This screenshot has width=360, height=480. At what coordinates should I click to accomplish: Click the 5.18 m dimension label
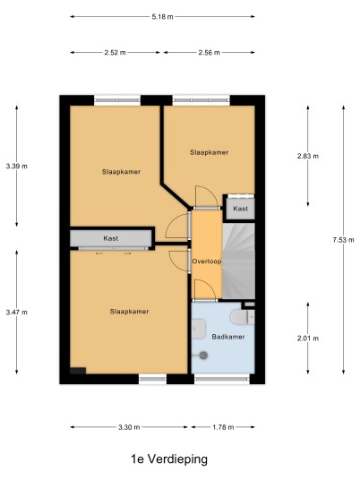pos(162,17)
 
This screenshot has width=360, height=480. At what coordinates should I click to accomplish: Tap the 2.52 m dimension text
pos(116,52)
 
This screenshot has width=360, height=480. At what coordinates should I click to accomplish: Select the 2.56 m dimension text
pos(209,52)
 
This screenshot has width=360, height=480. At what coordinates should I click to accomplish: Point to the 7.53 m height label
pos(343,240)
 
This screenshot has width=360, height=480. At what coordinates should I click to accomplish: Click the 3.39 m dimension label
pos(16,167)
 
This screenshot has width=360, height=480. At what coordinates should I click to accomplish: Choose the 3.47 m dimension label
pos(16,313)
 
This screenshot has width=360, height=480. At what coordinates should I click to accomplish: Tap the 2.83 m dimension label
pos(308,156)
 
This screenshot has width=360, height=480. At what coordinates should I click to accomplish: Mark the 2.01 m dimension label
pos(308,339)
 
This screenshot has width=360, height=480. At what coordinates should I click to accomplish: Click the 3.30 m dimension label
pos(129,427)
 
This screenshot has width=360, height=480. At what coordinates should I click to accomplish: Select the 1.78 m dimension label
pos(223,427)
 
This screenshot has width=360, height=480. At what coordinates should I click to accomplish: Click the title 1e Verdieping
pos(169,459)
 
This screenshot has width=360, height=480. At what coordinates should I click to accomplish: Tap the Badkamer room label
pos(228,337)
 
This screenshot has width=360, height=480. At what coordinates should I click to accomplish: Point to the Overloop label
pos(207,261)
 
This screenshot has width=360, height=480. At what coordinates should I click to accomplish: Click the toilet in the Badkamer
pos(243,317)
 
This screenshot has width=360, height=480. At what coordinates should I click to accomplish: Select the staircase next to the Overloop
pos(238,261)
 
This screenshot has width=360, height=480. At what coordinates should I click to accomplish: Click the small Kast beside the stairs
pos(240,209)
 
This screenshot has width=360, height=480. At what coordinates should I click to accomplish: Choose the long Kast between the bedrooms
pos(111,238)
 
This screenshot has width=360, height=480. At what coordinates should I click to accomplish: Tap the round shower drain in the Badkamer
pos(203,356)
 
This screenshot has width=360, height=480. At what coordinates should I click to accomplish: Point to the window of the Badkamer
pos(222,380)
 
